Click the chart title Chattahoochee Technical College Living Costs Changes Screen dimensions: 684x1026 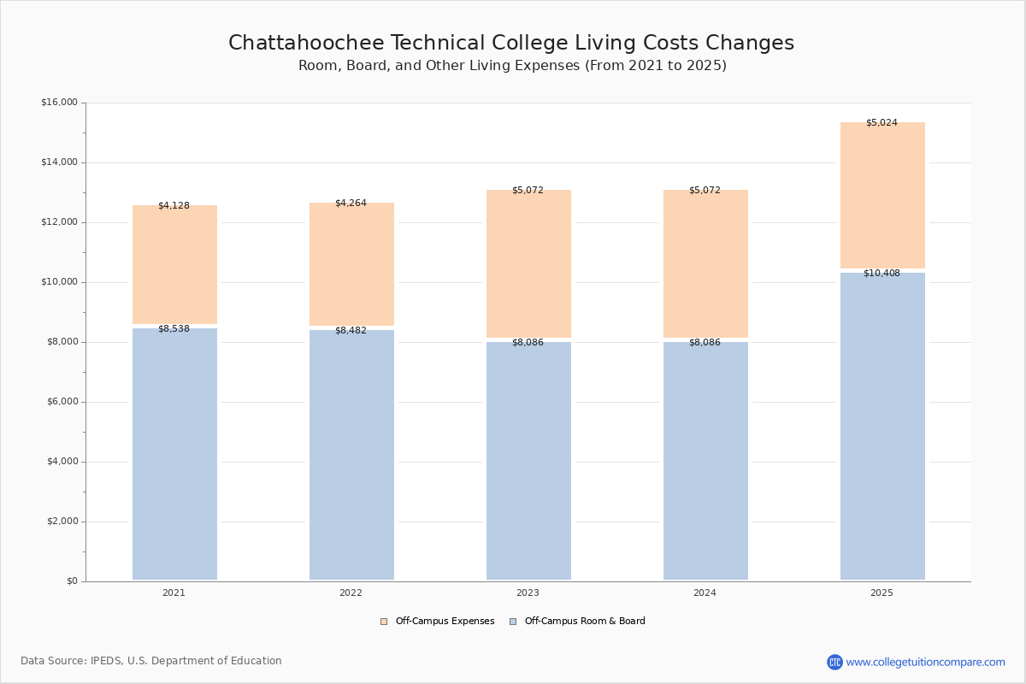click(511, 44)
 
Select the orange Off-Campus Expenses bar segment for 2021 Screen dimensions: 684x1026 click(174, 265)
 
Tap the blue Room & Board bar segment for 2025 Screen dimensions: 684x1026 click(882, 427)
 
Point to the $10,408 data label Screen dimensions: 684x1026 click(882, 274)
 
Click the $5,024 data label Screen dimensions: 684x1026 click(882, 123)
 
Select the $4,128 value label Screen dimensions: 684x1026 click(174, 206)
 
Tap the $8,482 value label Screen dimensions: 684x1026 click(351, 331)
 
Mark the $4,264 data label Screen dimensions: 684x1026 click(351, 203)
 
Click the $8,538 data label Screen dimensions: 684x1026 click(174, 329)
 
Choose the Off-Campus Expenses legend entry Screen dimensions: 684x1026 click(438, 622)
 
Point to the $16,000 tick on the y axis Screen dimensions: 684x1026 click(59, 103)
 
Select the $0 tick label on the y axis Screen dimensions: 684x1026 click(71, 581)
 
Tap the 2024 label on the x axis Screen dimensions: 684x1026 click(705, 593)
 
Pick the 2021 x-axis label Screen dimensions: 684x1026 click(174, 593)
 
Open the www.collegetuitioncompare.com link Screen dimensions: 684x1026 click(925, 663)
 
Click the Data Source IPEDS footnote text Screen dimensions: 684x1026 click(151, 661)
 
